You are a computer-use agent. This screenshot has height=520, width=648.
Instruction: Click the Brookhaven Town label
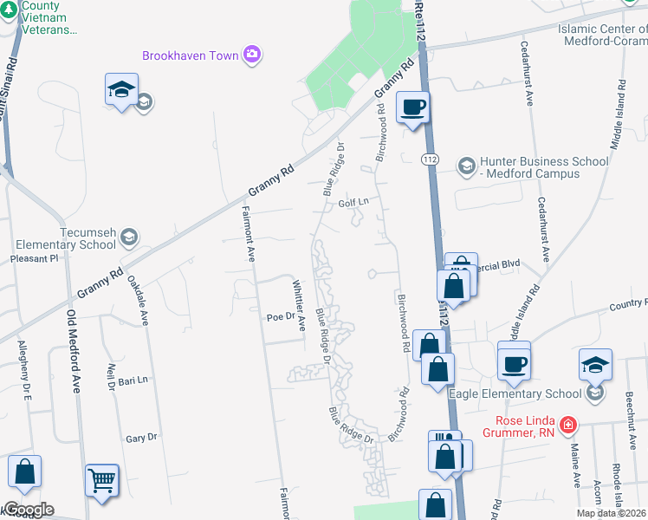click(x=190, y=55)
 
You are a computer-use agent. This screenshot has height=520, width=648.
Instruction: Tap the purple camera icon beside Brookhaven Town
click(x=252, y=55)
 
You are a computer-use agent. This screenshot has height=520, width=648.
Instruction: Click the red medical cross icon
click(x=567, y=426)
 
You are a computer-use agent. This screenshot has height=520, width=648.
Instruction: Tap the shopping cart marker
click(x=102, y=478)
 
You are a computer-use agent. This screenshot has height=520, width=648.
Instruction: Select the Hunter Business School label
click(x=529, y=167)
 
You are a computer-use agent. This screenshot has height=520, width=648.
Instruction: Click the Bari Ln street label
click(x=133, y=380)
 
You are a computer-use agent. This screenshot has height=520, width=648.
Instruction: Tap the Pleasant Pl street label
click(x=33, y=258)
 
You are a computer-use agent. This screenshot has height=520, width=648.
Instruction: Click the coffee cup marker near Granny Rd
click(x=413, y=107)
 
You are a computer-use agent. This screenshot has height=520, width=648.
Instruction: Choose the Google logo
click(x=28, y=510)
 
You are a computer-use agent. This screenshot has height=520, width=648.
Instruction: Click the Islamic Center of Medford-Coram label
click(x=603, y=34)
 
